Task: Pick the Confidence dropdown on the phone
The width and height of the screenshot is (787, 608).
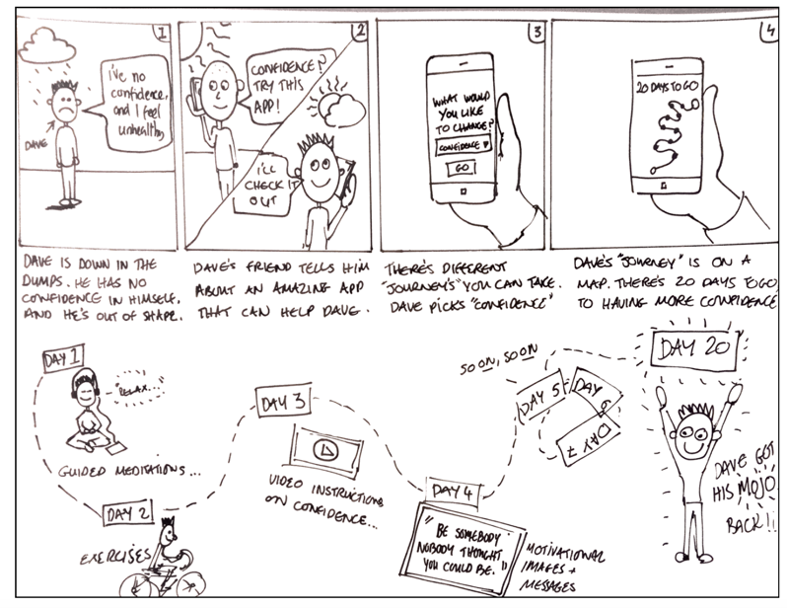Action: click(x=460, y=144)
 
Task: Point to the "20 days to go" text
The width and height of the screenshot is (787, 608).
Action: click(x=665, y=86)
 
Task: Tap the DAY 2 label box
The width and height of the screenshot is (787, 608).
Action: click(x=129, y=514)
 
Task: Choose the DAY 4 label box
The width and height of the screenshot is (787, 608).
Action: click(x=453, y=491)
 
